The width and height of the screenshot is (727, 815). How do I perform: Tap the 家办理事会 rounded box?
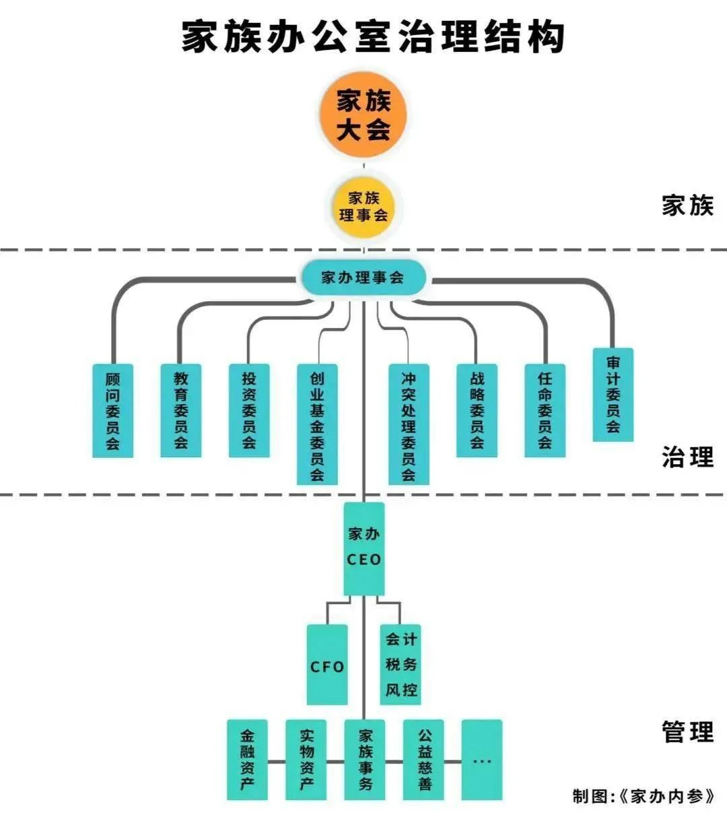coord(363,278)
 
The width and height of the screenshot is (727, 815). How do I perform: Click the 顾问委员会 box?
coord(112,410)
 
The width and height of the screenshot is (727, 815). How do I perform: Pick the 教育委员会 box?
coord(180,410)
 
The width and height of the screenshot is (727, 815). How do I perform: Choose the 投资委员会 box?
coord(249,410)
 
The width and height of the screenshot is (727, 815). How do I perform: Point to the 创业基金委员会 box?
coord(317,424)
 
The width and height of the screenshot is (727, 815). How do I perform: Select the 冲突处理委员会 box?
coord(409,424)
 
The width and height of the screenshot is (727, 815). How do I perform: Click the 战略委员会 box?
coord(477,410)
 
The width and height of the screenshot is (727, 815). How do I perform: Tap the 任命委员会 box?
coord(545,410)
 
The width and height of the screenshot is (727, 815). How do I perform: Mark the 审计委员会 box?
coord(613,395)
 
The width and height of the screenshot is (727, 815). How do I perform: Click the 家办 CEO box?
coord(364,548)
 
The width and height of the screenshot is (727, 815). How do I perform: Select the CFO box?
coord(327,665)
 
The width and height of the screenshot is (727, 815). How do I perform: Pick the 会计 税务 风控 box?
coord(401,664)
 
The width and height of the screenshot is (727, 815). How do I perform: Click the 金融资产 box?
coord(247,760)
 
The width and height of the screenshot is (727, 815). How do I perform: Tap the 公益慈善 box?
coord(424,760)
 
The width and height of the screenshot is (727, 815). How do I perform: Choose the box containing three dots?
coord(482,760)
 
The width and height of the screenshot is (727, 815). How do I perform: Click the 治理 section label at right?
coord(687,457)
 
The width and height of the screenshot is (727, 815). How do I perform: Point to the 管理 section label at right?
coord(687,731)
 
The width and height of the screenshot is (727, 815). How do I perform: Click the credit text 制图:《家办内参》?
coord(643,796)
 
